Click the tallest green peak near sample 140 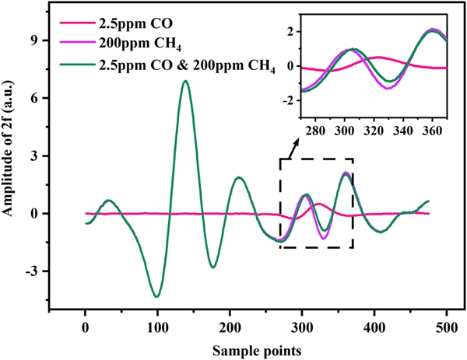tap(185, 81)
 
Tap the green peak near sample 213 tap(240, 178)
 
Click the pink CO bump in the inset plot tap(377, 57)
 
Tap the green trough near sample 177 tap(213, 267)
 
